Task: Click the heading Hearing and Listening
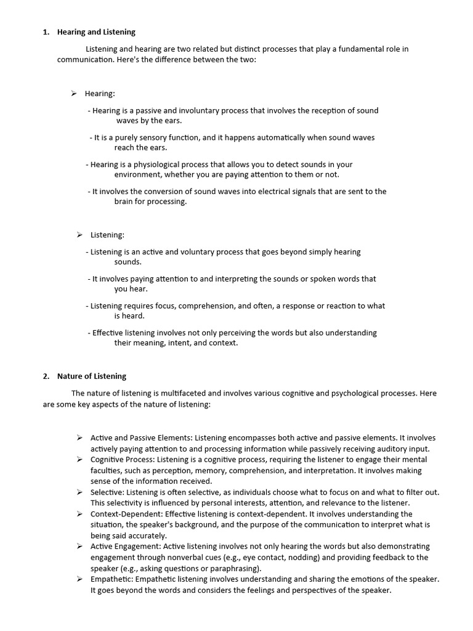[96, 32]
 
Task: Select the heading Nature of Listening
[91, 376]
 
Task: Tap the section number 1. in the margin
[46, 32]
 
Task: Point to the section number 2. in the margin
[46, 376]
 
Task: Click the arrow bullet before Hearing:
[73, 93]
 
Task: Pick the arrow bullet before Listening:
[79, 234]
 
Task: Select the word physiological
[158, 165]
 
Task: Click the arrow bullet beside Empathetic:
[79, 579]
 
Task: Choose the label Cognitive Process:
[123, 460]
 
